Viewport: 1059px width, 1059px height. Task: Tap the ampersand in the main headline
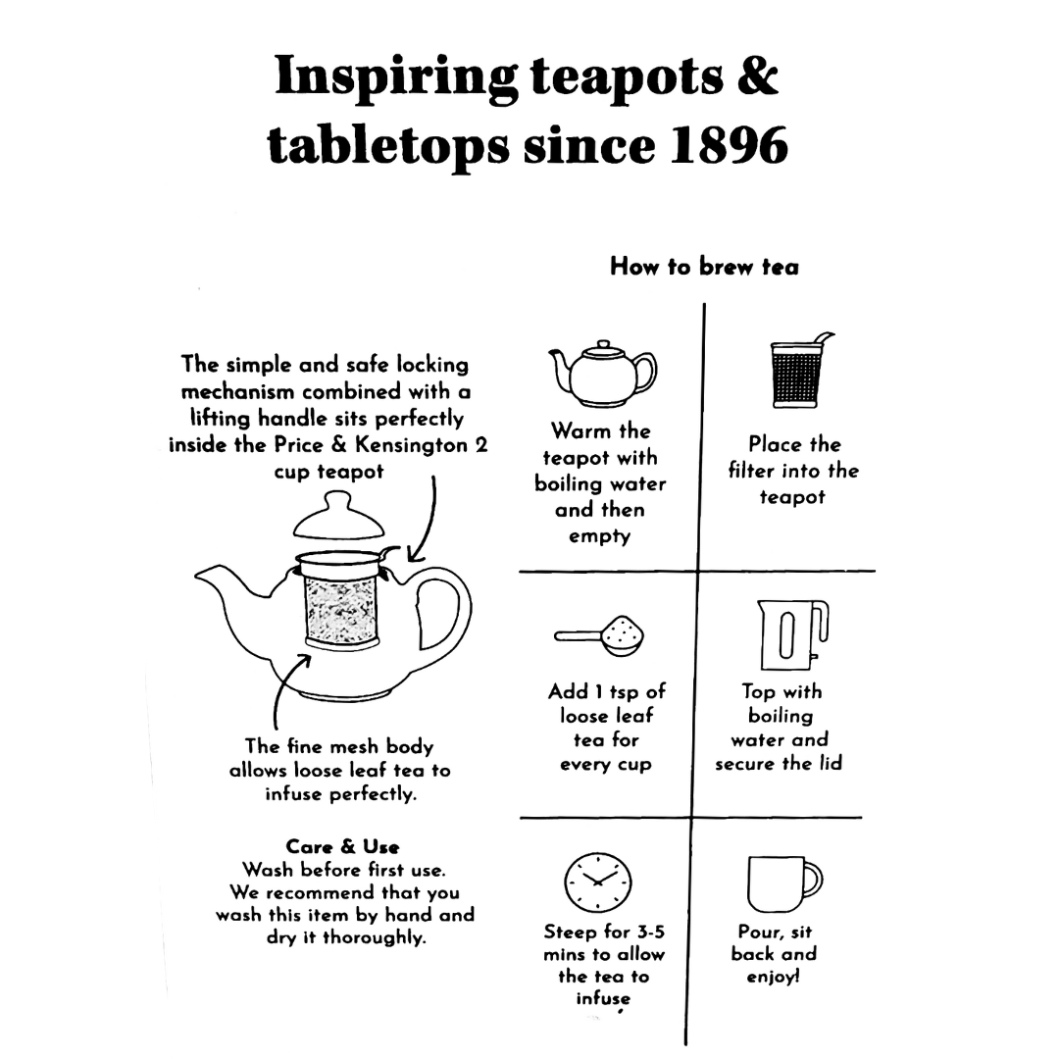[x=757, y=76]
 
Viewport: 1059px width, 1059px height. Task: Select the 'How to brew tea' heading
[x=704, y=266]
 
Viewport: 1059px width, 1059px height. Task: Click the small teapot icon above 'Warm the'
[x=602, y=370]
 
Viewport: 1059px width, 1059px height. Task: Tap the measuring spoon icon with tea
[x=599, y=635]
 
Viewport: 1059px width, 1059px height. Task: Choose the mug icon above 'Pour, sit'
[x=781, y=883]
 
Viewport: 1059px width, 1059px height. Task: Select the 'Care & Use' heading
[x=342, y=846]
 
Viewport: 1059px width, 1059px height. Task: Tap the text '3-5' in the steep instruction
[x=645, y=932]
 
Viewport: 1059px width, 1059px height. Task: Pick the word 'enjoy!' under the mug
[x=773, y=977]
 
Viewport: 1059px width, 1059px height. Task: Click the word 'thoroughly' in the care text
[x=375, y=937]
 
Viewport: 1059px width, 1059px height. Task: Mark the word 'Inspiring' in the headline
[x=395, y=76]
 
